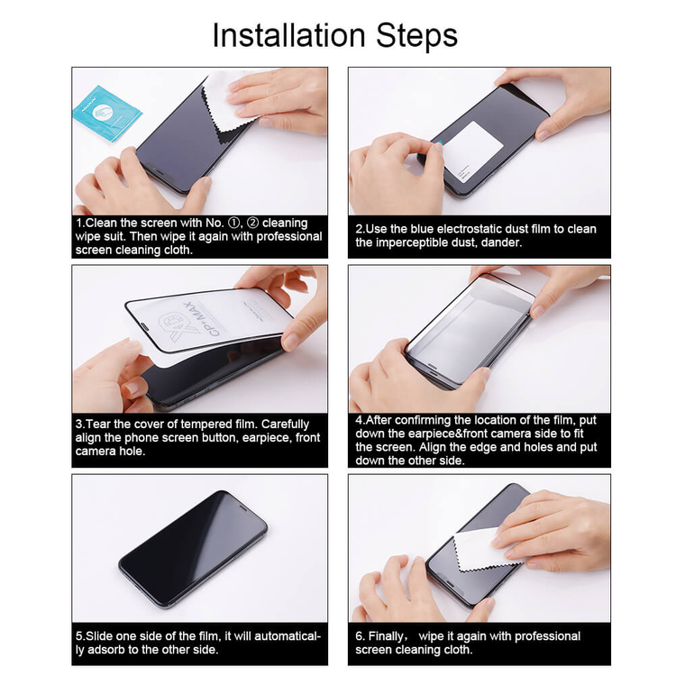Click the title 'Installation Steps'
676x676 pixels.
pyautogui.click(x=335, y=35)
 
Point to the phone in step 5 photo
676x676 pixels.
pyautogui.click(x=193, y=535)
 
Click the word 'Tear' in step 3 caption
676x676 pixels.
pyautogui.click(x=103, y=424)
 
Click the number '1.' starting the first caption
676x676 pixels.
pyautogui.click(x=80, y=223)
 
